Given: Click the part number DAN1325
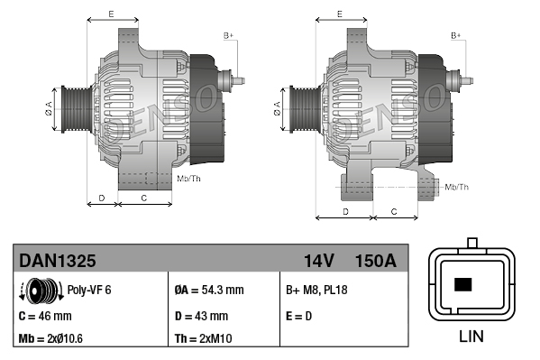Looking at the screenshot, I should (x=58, y=261).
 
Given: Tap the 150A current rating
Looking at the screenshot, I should (x=376, y=261).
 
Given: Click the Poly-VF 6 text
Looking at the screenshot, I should (x=89, y=291).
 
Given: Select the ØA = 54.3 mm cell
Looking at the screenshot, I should (x=208, y=291).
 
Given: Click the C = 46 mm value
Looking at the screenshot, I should (x=45, y=317).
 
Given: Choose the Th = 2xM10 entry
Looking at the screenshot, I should (x=205, y=340).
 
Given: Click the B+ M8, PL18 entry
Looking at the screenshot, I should (x=316, y=291).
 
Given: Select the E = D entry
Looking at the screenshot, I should (x=301, y=317).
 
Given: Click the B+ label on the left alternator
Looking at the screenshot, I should (x=228, y=35).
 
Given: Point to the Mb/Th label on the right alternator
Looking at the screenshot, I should (x=457, y=187).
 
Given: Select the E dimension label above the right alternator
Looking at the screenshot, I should (x=339, y=14).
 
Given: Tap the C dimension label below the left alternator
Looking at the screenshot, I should (x=144, y=196).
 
